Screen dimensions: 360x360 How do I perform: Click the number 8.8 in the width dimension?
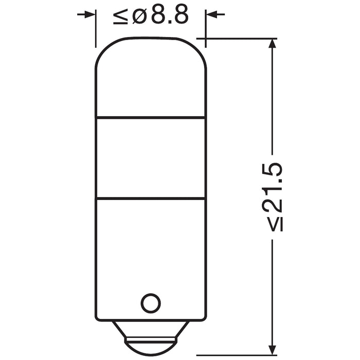[x=168, y=17]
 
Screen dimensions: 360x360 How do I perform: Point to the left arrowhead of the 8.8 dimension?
[x=91, y=14]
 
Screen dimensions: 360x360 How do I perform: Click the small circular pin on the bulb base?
[x=151, y=303]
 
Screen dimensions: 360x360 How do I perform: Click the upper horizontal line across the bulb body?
[x=151, y=117]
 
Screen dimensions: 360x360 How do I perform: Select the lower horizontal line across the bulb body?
[x=151, y=198]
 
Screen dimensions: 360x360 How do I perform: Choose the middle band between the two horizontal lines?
[x=151, y=157]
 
